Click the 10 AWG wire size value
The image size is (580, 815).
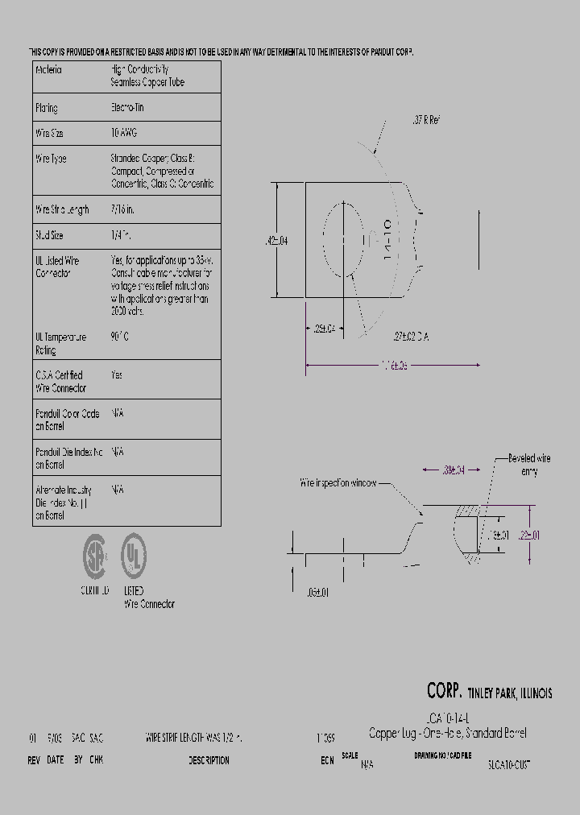(x=123, y=133)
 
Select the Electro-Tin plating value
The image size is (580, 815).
(x=127, y=107)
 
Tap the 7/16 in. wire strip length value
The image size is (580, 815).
(x=123, y=209)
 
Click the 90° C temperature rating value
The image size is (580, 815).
(x=119, y=337)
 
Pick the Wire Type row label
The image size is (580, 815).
(x=51, y=159)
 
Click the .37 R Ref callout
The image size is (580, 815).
(x=425, y=120)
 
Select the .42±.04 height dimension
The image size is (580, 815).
(x=276, y=240)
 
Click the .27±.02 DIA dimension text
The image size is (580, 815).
(x=411, y=337)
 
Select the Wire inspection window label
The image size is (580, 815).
(x=338, y=483)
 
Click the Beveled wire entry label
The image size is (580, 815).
(x=529, y=465)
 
